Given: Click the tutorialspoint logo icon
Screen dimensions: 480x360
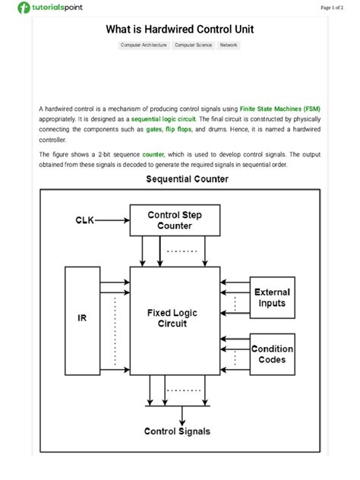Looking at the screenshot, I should click(24, 8).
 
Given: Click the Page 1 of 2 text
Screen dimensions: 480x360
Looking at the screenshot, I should click(336, 8).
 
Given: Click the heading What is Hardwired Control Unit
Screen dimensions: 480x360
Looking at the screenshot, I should click(180, 30).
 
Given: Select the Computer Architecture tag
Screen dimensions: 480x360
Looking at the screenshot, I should click(144, 46).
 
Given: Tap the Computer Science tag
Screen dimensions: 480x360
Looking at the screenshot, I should click(193, 46).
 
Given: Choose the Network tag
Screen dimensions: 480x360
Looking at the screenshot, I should click(229, 46).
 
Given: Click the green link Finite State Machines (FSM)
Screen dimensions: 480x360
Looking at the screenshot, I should click(279, 109).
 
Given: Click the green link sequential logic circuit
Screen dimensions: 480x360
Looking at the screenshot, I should click(163, 120).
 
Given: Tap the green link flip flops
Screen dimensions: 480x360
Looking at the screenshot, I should click(179, 130).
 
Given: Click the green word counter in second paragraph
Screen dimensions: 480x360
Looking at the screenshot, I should click(153, 153).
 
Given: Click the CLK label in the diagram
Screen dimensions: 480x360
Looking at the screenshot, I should click(85, 220).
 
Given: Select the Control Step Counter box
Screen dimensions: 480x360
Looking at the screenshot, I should click(175, 220).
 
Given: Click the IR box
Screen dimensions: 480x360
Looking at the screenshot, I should click(82, 318).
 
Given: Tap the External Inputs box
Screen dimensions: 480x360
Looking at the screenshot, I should click(271, 298).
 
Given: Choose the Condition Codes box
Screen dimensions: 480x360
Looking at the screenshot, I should click(271, 355).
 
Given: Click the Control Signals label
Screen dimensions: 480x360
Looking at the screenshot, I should click(178, 431).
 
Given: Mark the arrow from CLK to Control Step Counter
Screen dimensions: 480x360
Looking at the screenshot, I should click(113, 220).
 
